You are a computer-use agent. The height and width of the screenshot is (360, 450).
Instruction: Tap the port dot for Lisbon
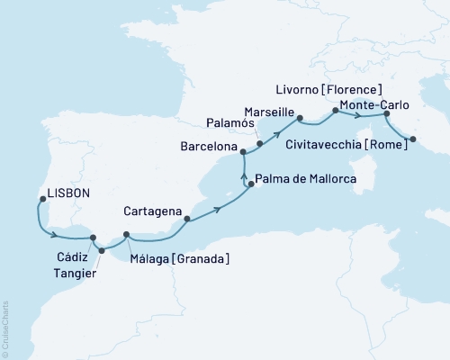tap(39, 200)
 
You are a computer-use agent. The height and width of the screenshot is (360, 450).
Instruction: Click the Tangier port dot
tap(101, 251)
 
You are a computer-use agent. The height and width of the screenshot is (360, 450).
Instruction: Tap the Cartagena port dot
tap(186, 219)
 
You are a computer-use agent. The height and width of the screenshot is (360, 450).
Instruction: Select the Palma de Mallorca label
tap(305, 180)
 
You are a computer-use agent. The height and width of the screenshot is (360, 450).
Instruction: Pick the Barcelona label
tap(205, 145)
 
